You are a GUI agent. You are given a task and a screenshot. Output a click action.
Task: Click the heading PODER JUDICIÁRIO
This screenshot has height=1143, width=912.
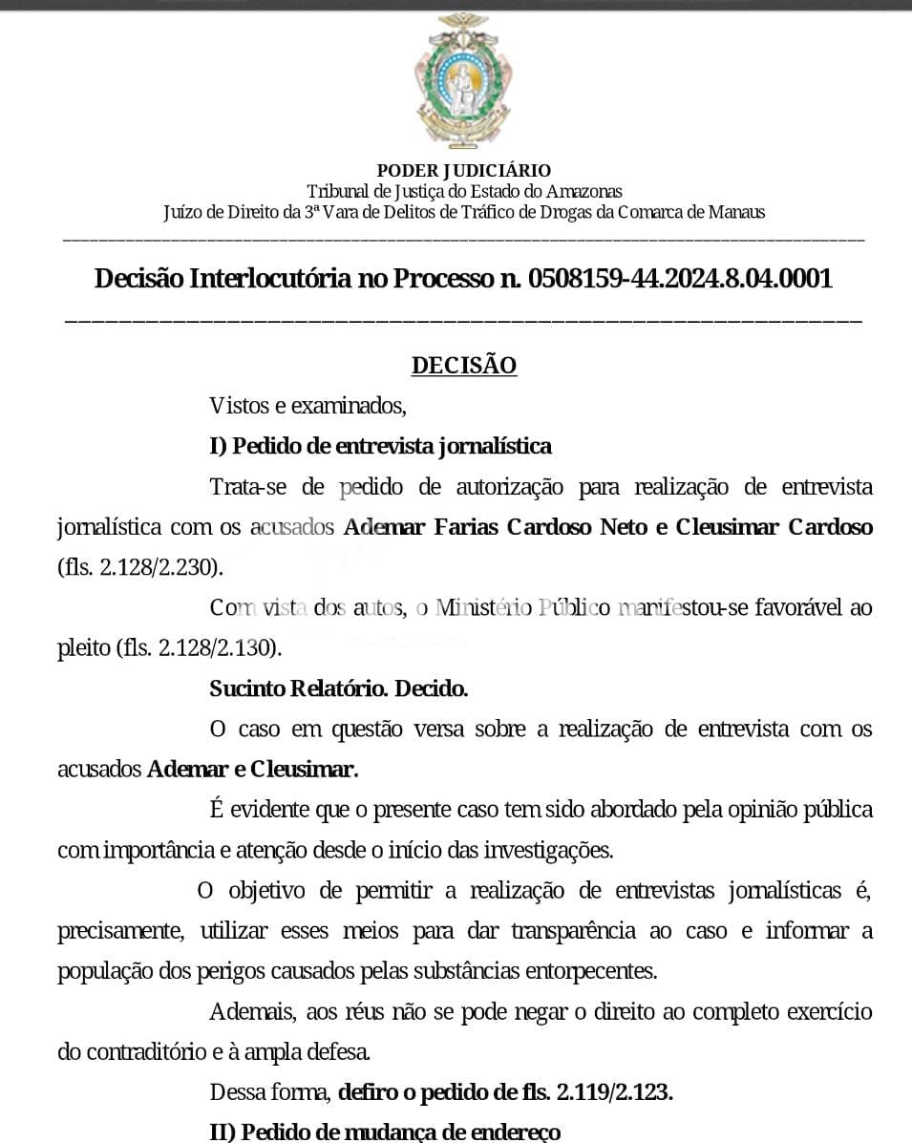(464, 171)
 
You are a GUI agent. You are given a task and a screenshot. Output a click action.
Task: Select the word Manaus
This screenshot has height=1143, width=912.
(736, 212)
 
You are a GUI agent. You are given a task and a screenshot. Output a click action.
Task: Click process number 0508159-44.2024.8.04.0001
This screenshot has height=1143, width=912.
(680, 279)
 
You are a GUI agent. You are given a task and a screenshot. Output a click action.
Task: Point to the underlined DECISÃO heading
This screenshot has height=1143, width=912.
(464, 366)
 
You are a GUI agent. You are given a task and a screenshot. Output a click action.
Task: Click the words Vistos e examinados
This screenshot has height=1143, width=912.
(308, 406)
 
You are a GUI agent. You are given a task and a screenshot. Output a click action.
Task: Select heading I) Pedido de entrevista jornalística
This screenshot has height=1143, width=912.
(380, 446)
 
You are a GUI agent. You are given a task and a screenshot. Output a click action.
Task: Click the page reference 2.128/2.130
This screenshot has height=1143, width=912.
(217, 648)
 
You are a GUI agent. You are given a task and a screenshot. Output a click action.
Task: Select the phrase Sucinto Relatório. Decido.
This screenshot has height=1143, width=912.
(339, 688)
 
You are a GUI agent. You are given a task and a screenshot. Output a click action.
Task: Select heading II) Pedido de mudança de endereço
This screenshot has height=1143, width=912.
(385, 1132)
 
